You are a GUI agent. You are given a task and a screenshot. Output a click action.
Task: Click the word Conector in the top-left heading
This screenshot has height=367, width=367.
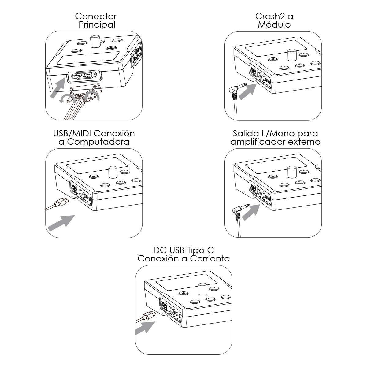(x=96, y=16)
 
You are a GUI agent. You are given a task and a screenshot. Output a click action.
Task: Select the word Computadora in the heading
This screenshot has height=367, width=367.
(x=98, y=142)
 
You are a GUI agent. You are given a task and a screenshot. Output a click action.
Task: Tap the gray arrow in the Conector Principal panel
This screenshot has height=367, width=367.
(x=58, y=88)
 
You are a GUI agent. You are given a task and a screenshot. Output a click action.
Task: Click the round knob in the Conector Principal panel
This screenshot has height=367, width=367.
(x=95, y=42)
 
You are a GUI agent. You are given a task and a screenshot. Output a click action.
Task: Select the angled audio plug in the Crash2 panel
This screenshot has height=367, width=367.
(x=237, y=90)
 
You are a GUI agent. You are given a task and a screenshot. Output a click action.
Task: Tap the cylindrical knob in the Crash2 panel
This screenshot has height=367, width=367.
(x=292, y=55)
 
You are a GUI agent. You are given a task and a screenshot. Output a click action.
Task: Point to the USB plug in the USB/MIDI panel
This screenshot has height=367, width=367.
(x=61, y=202)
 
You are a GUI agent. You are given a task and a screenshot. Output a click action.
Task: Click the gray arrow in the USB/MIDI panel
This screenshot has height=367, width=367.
(x=61, y=223)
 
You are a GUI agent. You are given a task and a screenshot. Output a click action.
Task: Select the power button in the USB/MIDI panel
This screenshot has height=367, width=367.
(x=94, y=176)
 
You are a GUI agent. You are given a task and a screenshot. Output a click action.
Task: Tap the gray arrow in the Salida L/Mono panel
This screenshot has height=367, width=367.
(x=251, y=212)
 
